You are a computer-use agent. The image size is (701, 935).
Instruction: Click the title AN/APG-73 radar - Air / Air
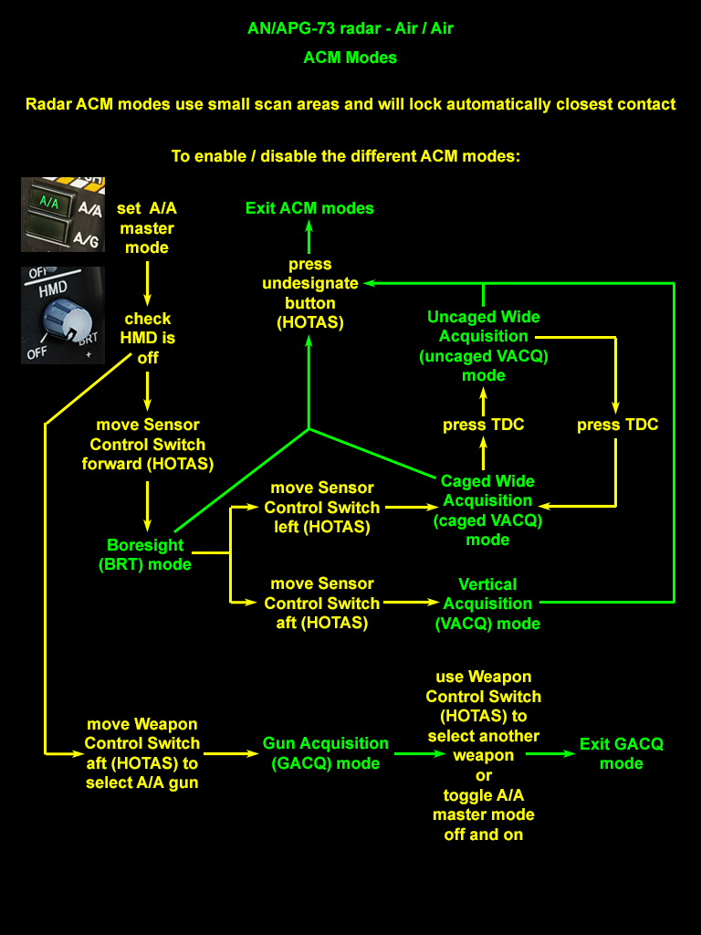point(350,28)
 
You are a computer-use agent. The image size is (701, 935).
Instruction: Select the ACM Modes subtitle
point(350,58)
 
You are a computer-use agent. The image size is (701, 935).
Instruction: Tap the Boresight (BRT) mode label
point(145,554)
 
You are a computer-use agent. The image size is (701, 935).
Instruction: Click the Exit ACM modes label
point(309,208)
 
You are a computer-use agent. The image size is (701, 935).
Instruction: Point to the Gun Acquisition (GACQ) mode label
point(326,753)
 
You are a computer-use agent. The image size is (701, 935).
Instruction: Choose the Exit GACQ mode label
point(622,753)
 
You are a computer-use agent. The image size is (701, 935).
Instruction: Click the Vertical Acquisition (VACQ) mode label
point(487,604)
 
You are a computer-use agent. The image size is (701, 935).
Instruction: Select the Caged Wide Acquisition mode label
point(487,510)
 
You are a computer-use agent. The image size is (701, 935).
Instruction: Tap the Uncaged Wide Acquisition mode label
point(484,346)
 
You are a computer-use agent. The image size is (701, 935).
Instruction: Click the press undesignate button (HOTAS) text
point(310,293)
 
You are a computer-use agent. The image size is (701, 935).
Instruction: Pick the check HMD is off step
point(148,338)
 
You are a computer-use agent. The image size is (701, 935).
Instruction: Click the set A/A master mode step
point(146,227)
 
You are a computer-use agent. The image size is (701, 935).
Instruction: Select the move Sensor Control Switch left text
point(321,507)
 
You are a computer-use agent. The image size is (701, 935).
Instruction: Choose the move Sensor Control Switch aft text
point(321,603)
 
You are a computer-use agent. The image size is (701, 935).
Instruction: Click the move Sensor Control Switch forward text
point(146,444)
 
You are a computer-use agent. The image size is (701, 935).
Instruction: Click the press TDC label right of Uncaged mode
point(617,425)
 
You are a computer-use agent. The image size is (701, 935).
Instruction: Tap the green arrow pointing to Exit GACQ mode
point(549,754)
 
